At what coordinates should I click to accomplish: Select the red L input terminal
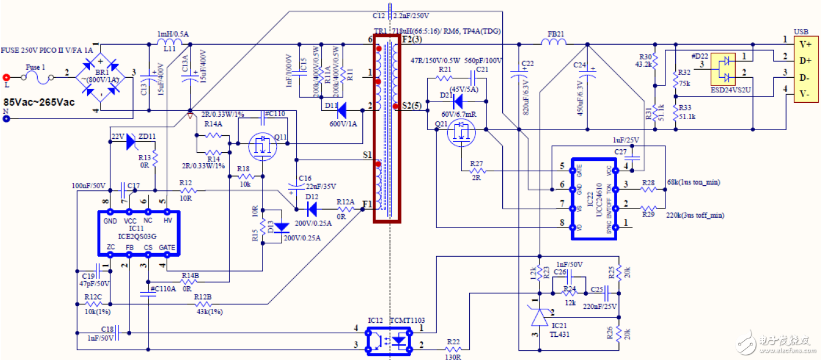point(7,77)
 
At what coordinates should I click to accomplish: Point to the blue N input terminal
point(7,119)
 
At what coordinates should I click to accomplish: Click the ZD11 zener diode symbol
point(130,141)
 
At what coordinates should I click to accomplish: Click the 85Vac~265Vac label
point(39,102)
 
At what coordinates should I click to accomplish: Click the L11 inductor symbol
point(170,44)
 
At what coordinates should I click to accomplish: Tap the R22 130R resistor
point(453,349)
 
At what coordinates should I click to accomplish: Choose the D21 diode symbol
point(457,100)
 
